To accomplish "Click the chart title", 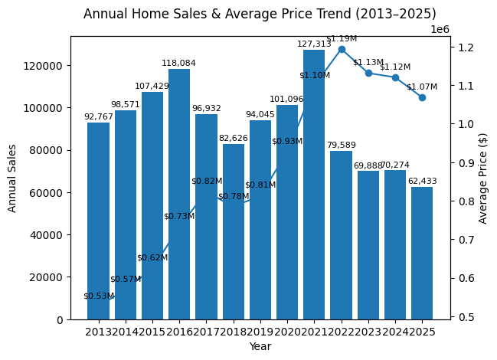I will [x=260, y=14].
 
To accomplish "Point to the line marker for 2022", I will [x=342, y=49].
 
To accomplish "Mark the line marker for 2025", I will [x=422, y=97].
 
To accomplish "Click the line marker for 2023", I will [x=368, y=73].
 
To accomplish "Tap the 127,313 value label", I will [x=314, y=44].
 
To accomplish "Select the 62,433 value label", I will [x=422, y=182].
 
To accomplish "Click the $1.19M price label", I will [x=342, y=38].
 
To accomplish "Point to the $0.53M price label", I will [x=99, y=296].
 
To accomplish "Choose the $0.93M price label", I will [x=287, y=142].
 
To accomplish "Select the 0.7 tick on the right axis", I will [x=466, y=240].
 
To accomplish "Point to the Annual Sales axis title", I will [x=12, y=178].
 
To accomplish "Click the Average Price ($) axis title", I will [x=483, y=178].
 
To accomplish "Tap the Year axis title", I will [x=260, y=346].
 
